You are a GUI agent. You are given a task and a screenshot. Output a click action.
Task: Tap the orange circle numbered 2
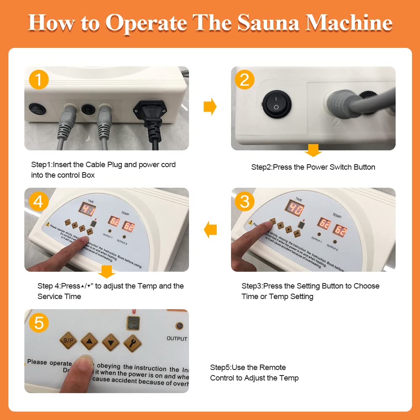pos(244,79)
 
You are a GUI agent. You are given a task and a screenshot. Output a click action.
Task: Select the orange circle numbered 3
pos(244,201)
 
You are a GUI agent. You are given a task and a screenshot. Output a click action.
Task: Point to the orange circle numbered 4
pos(38,202)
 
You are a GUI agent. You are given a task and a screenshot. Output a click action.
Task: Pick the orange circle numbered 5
pos(38,323)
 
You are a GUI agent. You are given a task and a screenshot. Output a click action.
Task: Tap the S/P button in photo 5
pos(68,340)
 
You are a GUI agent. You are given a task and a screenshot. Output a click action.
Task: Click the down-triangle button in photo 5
pos(111,341)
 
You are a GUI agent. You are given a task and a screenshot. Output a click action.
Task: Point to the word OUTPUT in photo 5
pos(177,339)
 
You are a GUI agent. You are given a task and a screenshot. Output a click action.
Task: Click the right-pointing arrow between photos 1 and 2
pos(210,107)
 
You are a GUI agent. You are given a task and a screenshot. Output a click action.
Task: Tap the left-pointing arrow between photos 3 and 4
pos(210,229)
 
